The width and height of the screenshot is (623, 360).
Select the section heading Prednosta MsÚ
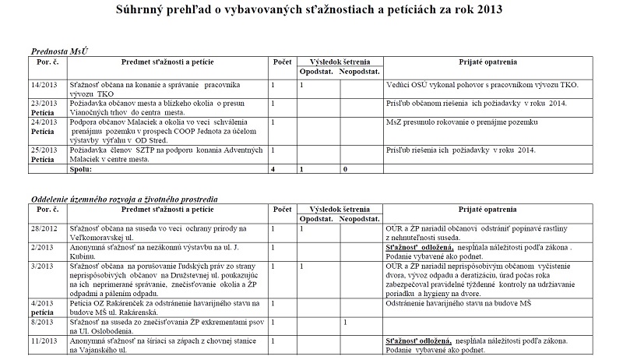[59, 49]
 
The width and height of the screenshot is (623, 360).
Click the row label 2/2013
[43, 246]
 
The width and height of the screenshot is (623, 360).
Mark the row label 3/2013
[43, 265]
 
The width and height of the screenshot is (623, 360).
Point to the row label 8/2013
[43, 320]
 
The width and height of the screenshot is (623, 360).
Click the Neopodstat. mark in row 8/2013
[343, 320]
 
